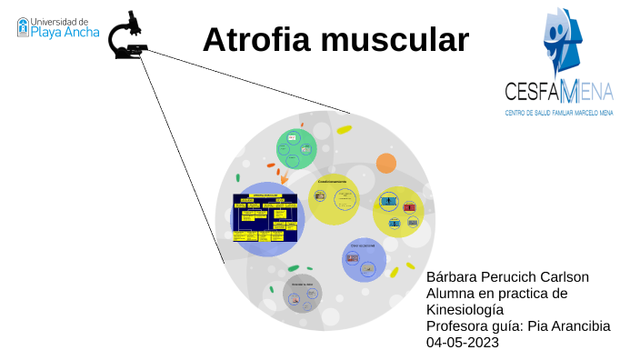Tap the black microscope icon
tap(128, 37)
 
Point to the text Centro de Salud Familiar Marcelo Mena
tap(559, 113)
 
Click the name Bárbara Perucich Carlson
tap(507, 277)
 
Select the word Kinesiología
tap(465, 310)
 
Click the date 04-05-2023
tap(462, 343)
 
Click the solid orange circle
tap(386, 164)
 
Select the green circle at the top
tap(296, 148)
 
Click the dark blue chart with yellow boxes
tap(265, 217)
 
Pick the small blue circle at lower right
tap(364, 260)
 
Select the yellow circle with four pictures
tap(398, 212)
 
